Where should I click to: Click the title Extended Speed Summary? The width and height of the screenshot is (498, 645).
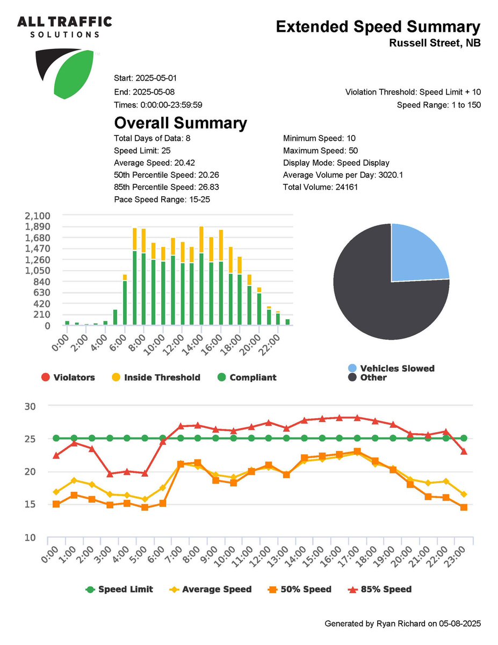pos(378,27)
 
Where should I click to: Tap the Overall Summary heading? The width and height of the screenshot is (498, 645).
pos(181,123)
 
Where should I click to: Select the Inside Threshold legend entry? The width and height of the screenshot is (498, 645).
pos(162,377)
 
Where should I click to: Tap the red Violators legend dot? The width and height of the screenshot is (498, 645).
pos(46,377)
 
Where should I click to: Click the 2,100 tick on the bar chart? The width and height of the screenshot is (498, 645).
pos(38,216)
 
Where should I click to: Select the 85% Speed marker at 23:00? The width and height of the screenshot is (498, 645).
pos(464,451)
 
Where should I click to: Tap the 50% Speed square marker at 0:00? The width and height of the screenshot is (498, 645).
pos(56,504)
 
